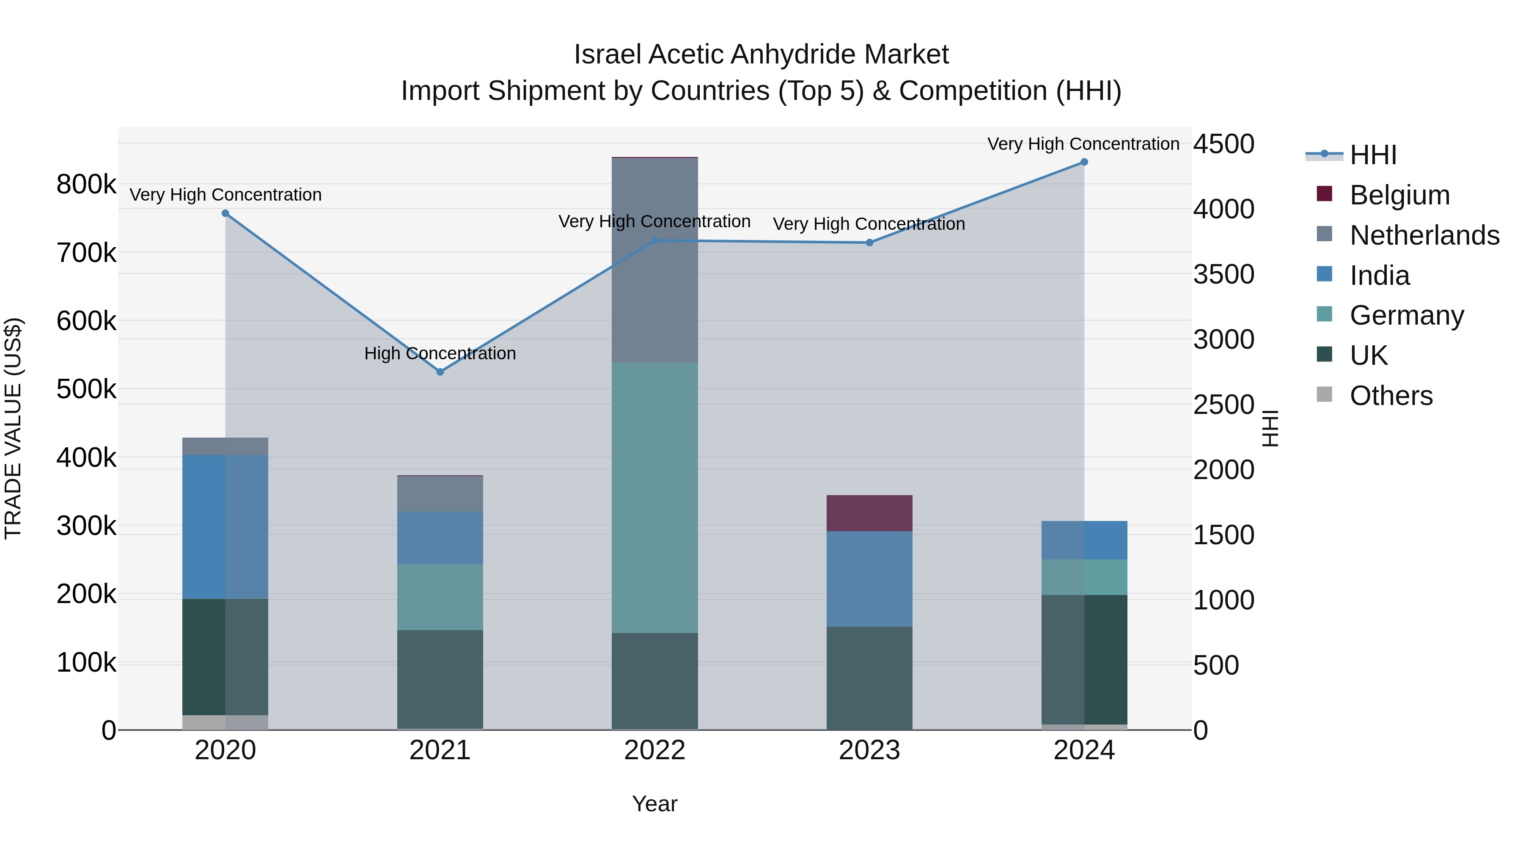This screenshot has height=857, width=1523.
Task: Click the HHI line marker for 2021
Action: [440, 372]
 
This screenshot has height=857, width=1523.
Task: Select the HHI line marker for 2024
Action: [1084, 162]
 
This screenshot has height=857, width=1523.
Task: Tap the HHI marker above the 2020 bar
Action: [225, 214]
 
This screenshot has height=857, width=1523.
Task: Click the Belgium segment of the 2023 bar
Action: [869, 513]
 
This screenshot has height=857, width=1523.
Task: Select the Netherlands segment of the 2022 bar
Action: [654, 260]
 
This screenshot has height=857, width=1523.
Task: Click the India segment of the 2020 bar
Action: [225, 526]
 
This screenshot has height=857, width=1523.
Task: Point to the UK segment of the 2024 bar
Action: [1084, 659]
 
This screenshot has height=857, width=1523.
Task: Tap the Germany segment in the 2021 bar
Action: [440, 597]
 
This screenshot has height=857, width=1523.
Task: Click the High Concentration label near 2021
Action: [440, 353]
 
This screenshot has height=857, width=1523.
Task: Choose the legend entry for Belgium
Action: [1399, 195]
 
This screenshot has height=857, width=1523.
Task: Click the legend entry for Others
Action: [1391, 396]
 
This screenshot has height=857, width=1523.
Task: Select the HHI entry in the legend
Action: [1373, 155]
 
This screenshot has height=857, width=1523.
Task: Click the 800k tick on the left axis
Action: [86, 185]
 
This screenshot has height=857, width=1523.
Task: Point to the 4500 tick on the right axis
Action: [1223, 144]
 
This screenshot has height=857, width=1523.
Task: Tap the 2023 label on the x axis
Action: [869, 750]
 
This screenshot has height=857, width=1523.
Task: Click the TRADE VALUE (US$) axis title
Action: [13, 428]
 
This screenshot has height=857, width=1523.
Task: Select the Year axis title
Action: [654, 804]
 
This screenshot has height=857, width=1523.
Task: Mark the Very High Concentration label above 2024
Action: [1083, 144]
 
